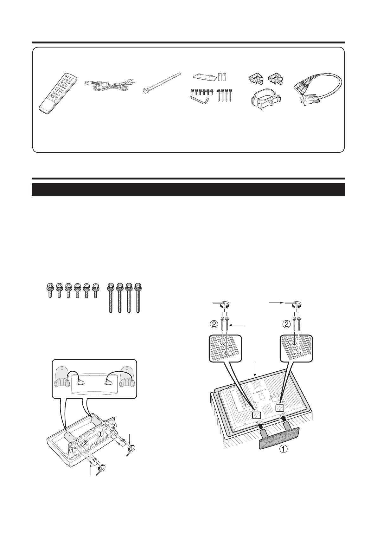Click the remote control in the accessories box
coord(58,94)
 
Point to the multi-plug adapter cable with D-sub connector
coord(317,89)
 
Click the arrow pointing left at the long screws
coord(237,325)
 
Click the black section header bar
coord(188,189)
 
